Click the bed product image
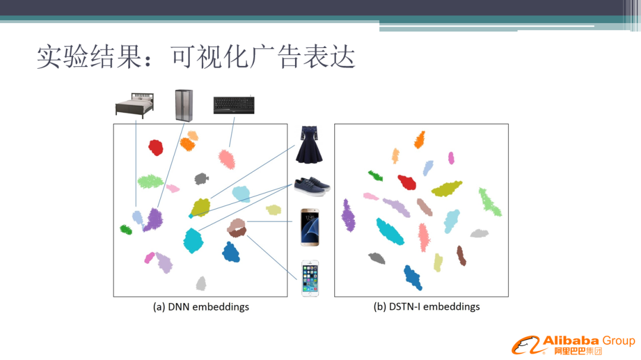135,106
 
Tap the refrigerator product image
184,106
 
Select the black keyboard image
234,105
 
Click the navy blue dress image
309,145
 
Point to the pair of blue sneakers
312,186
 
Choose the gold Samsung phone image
310,227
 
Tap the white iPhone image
310,278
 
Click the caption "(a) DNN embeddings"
201,307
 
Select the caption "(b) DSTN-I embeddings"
426,307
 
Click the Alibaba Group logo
573,345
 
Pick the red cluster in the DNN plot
156,148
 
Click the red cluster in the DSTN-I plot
407,182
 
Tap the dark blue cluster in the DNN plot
231,251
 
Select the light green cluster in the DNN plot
150,181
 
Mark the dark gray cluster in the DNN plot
201,179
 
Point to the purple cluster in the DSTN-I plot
348,215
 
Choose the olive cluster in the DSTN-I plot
446,189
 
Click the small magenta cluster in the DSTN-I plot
451,158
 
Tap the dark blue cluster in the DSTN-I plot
412,278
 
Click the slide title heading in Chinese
196,56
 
